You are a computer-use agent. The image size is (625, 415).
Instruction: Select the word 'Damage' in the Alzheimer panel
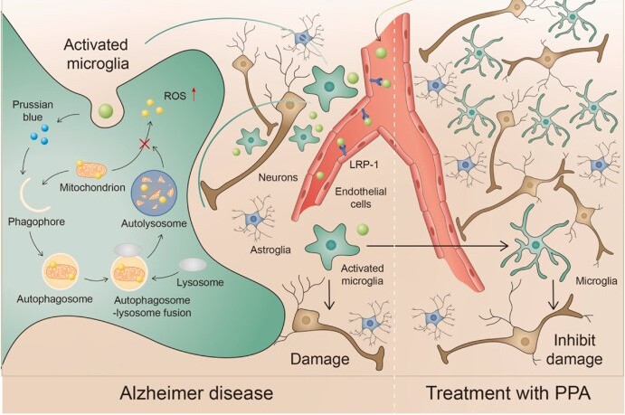pos(318,358)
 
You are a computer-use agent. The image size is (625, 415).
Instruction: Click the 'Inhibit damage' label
pos(573,350)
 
